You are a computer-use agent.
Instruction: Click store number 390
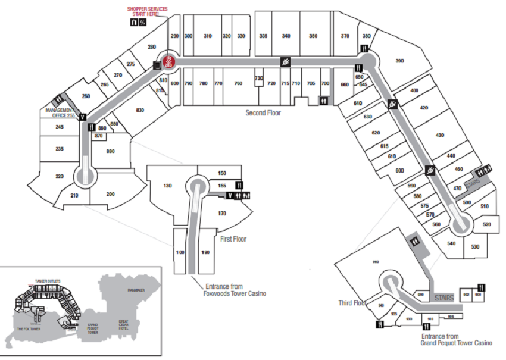[x=400, y=61]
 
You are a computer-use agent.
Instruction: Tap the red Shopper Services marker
[x=169, y=61]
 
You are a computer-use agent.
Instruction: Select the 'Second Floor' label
[x=263, y=112]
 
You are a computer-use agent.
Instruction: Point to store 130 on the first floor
[x=167, y=186]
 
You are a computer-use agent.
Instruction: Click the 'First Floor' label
[x=233, y=239]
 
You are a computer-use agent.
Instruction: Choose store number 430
[x=440, y=136]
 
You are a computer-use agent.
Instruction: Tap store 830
[x=140, y=110]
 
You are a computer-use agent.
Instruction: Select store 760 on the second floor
[x=238, y=83]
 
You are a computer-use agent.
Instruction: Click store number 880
[x=111, y=151]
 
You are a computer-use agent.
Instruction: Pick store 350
[x=313, y=36]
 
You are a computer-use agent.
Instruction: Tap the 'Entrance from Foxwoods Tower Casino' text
[x=235, y=289]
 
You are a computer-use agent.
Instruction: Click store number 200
[x=110, y=194]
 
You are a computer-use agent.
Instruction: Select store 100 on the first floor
[x=180, y=252]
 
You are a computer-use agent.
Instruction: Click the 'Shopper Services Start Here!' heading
[x=147, y=11]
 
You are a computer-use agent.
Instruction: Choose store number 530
[x=475, y=246]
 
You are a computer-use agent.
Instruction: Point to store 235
[x=60, y=149]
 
